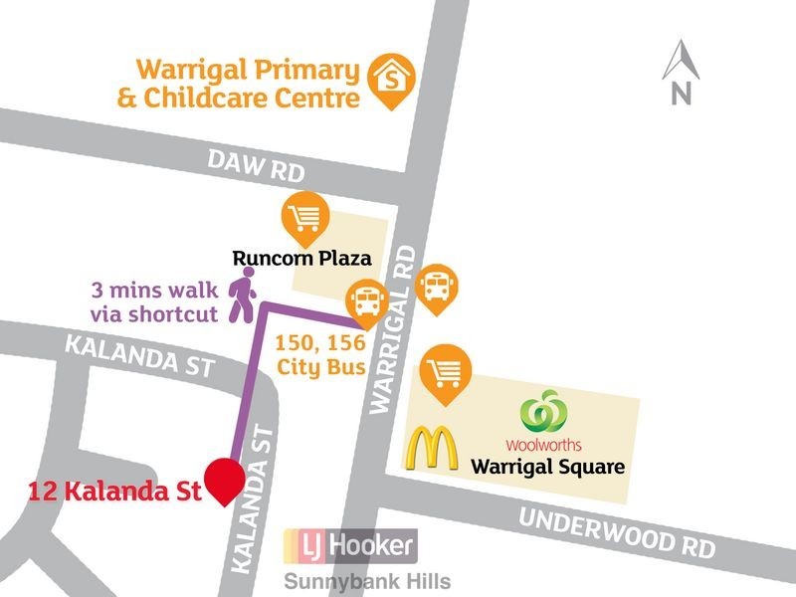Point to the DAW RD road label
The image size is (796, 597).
coord(257,164)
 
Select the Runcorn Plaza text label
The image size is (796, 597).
coord(301,260)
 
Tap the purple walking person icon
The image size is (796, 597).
coord(243,298)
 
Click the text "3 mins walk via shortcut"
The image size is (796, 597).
coord(153,302)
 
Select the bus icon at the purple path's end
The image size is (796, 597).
coord(365,301)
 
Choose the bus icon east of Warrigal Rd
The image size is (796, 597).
coord(436,288)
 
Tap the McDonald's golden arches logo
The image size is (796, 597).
coord(431,449)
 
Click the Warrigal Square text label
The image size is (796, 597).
coord(547,466)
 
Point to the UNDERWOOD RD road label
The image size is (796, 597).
coord(617,532)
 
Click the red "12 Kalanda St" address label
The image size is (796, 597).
coord(115,491)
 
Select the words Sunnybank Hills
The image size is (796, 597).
coord(368,582)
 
